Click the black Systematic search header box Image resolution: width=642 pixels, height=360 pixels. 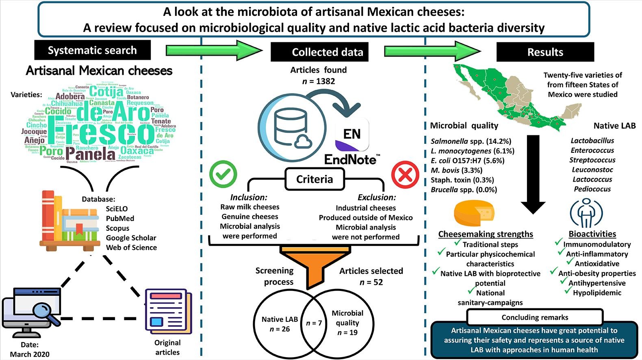(92, 50)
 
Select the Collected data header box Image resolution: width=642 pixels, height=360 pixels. (319, 52)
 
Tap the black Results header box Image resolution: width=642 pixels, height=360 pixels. (545, 52)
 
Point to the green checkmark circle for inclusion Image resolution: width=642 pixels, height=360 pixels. (223, 174)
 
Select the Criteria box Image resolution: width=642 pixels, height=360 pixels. (314, 179)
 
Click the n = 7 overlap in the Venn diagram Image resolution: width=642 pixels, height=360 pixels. (314, 323)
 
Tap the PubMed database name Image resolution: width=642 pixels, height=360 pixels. (120, 218)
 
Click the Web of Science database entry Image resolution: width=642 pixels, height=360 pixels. (131, 247)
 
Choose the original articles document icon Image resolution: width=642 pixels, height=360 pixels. (168, 310)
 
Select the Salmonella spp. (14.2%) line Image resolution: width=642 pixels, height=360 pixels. (471, 141)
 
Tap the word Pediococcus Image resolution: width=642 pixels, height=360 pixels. (592, 189)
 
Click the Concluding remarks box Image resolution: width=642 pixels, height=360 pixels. (535, 317)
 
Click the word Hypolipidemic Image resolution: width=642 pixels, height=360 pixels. (597, 293)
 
